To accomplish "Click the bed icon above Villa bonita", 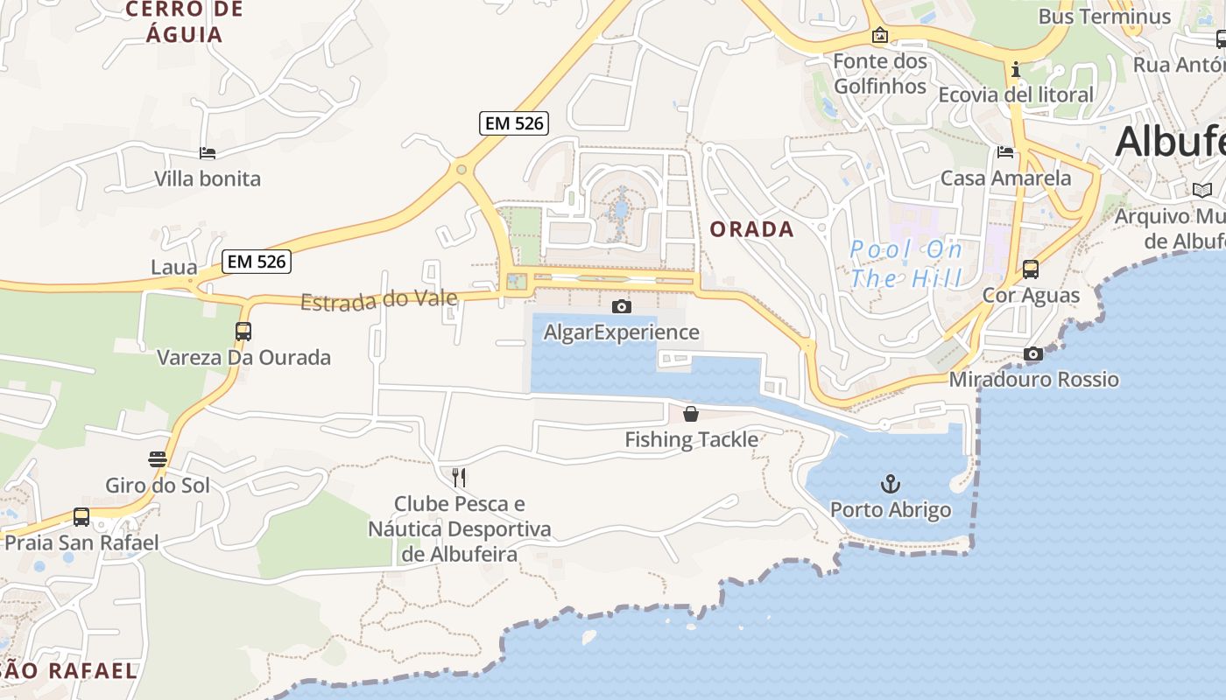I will [208, 153].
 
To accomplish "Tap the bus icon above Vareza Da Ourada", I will [243, 332].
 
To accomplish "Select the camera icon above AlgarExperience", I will [622, 306].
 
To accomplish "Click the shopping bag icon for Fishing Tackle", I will [691, 414].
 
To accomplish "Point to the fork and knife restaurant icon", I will [459, 478].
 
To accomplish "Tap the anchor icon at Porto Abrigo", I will [891, 484].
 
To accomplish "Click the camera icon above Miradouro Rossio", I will [1033, 354].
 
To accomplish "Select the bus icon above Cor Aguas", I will [1031, 269].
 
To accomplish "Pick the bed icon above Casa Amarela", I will [1005, 152].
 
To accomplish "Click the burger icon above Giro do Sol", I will [158, 459].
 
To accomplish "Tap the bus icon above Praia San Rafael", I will [81, 517].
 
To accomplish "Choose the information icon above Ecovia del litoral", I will [1016, 69].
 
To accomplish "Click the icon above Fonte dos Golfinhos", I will [880, 36].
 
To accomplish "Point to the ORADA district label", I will [752, 230].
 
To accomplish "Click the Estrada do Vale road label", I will [378, 300].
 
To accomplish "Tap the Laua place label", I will [174, 267].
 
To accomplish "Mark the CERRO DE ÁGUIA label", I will [173, 23].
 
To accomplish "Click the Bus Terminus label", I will [1104, 17].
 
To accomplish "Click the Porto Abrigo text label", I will [891, 510].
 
